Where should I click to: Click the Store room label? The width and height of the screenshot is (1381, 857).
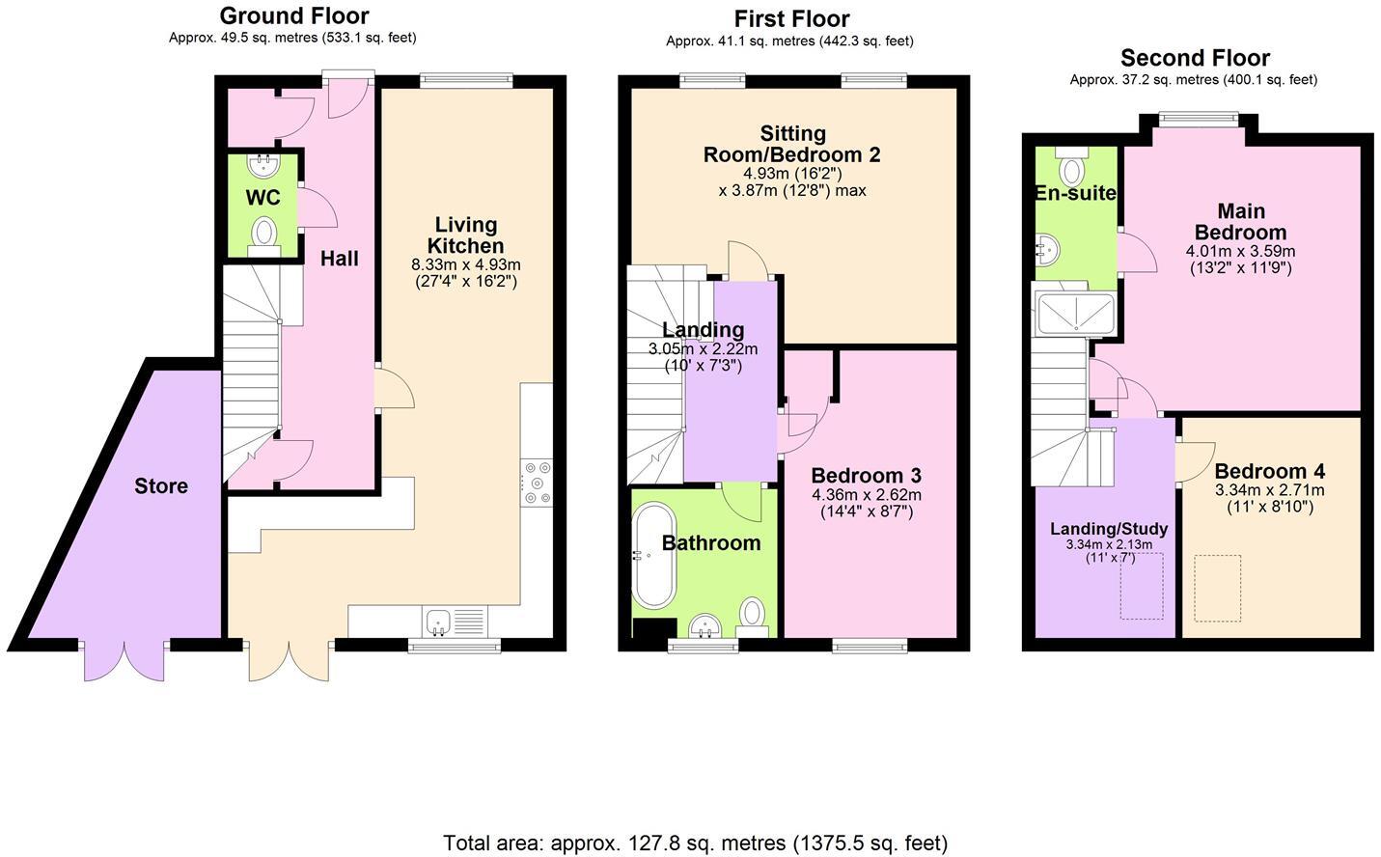pyautogui.click(x=161, y=485)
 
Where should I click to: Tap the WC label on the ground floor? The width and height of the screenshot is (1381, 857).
pyautogui.click(x=262, y=198)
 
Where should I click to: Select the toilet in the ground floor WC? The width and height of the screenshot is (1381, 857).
pyautogui.click(x=263, y=234)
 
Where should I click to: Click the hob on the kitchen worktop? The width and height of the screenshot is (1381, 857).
pyautogui.click(x=536, y=483)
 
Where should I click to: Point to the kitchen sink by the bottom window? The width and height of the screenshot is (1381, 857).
pyautogui.click(x=439, y=621)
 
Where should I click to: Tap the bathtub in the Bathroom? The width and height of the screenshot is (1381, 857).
pyautogui.click(x=654, y=555)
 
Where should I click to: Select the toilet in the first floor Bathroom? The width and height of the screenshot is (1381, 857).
pyautogui.click(x=753, y=614)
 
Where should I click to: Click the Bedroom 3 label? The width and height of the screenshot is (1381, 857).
pyautogui.click(x=866, y=476)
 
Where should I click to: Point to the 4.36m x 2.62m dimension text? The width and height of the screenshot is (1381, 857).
pyautogui.click(x=866, y=495)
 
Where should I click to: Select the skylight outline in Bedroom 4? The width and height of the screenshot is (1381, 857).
pyautogui.click(x=1218, y=588)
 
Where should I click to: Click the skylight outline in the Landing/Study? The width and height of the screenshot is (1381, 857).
pyautogui.click(x=1141, y=586)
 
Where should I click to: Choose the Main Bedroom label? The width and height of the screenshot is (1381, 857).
pyautogui.click(x=1240, y=222)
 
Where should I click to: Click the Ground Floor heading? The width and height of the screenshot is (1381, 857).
pyautogui.click(x=293, y=16)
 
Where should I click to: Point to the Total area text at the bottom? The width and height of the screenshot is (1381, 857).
pyautogui.click(x=695, y=843)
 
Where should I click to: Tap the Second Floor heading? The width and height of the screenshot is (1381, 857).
pyautogui.click(x=1195, y=58)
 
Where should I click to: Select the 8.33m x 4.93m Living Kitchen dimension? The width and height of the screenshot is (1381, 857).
pyautogui.click(x=465, y=264)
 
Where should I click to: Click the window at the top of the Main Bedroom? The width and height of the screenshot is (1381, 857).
pyautogui.click(x=1197, y=119)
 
